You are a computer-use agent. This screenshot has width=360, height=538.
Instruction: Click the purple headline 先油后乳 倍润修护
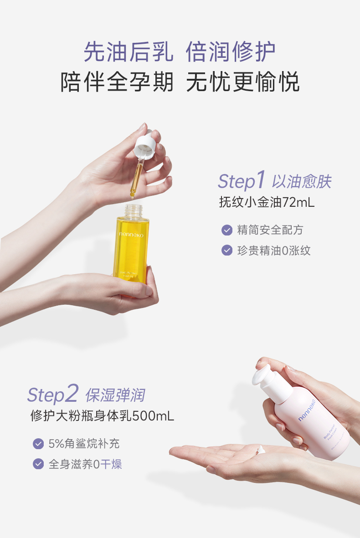180,51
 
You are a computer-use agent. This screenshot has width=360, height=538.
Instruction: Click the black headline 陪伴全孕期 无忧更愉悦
180,83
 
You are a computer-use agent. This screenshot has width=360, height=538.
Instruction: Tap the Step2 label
53,394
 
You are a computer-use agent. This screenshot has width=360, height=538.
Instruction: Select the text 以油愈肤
302,182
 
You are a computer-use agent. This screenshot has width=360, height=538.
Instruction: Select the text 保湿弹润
115,395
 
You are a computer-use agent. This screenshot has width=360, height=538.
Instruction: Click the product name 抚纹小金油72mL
267,202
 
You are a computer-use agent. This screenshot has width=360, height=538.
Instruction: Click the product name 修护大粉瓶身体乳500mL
102,416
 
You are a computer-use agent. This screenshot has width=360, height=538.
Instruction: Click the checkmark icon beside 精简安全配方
226,230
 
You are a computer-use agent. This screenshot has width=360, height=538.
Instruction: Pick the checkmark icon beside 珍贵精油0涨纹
226,250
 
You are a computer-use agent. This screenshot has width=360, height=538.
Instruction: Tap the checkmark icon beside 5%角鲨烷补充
38,443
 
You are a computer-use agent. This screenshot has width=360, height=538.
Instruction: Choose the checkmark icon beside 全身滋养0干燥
38,464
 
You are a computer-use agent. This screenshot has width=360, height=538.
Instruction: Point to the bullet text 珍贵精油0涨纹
273,250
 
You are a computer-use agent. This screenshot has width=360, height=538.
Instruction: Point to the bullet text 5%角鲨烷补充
84,443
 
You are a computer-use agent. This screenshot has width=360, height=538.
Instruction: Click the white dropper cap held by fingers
145,144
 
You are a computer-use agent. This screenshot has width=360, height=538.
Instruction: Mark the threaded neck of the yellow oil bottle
130,210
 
